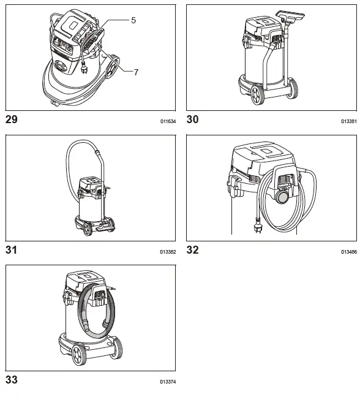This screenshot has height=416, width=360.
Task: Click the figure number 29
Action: click(12, 120)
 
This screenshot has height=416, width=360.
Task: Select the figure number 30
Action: click(192, 120)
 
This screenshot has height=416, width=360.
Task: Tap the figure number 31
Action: click(11, 250)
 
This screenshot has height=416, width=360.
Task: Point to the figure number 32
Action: click(192, 250)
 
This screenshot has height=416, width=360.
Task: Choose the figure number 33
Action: click(12, 380)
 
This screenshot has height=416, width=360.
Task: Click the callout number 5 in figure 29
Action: click(133, 20)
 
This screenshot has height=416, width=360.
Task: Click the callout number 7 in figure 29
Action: click(136, 72)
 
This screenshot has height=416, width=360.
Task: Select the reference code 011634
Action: click(168, 122)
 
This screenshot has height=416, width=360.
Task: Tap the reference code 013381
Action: click(349, 122)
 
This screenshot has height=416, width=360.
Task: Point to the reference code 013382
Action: click(168, 252)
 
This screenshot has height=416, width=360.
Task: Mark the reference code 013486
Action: click(349, 252)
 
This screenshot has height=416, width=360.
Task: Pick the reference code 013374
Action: click(168, 382)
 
